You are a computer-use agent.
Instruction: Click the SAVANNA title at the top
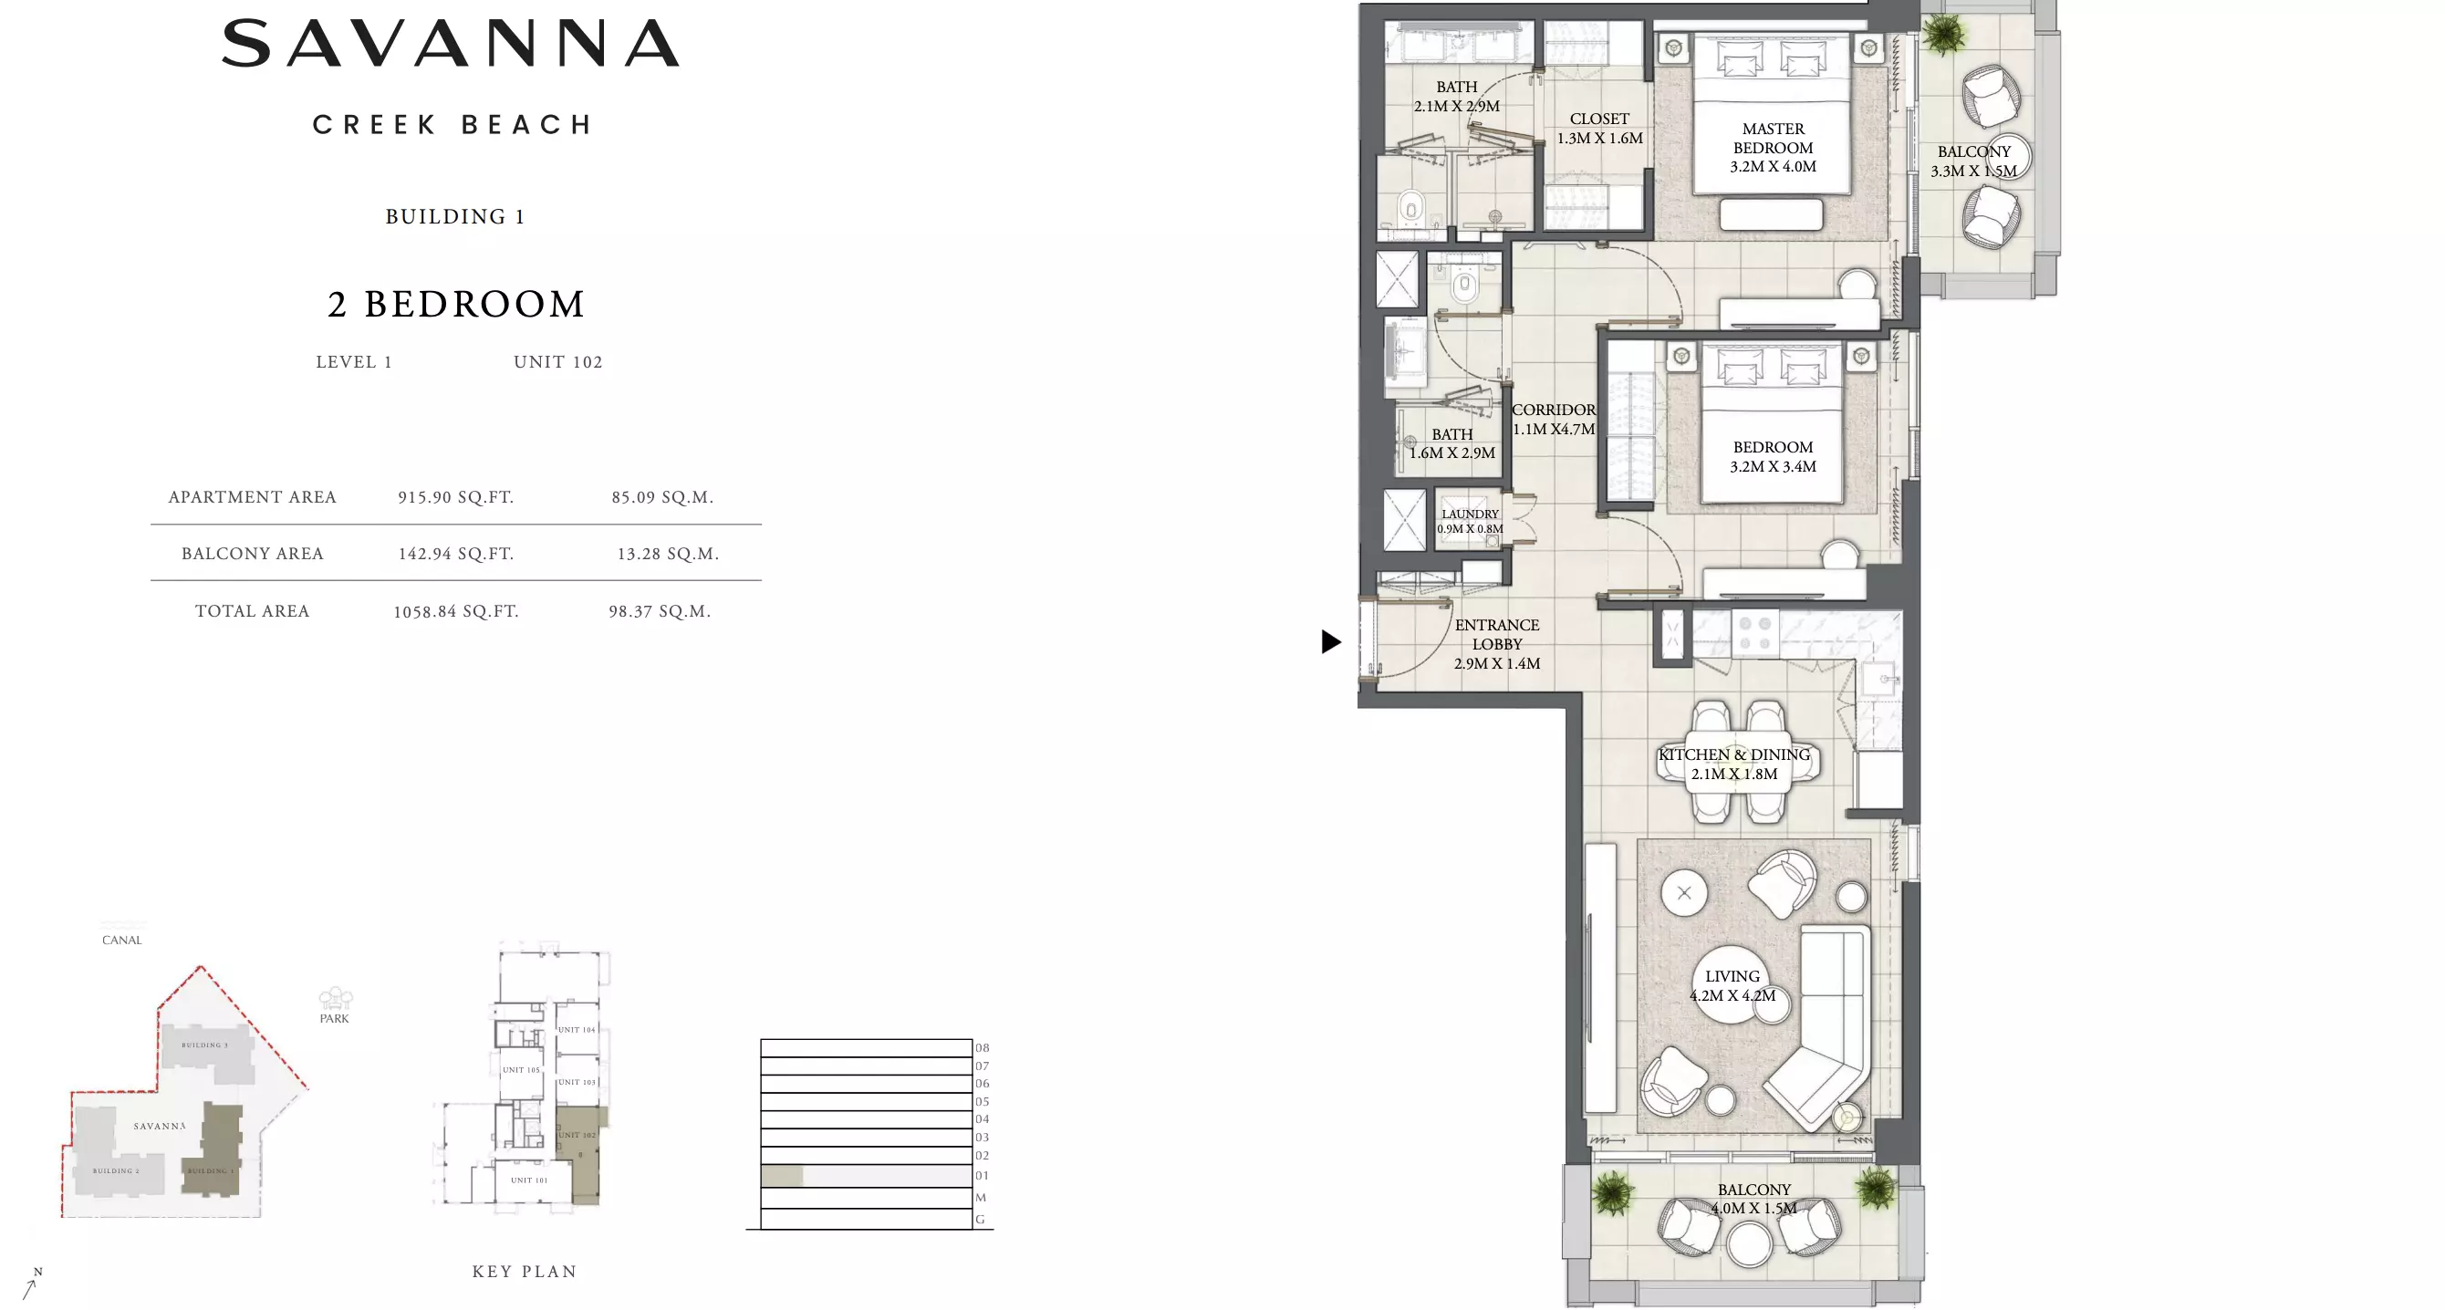coord(451,44)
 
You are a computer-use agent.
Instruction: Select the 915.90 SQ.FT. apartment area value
coord(455,496)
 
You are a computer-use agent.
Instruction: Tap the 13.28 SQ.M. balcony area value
coord(667,554)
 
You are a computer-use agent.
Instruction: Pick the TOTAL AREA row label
coord(253,610)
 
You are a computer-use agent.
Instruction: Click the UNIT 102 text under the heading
coord(558,361)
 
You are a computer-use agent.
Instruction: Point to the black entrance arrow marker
coord(1331,641)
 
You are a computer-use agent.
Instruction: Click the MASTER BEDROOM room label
coord(1772,147)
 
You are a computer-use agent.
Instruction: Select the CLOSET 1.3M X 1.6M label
coord(1599,128)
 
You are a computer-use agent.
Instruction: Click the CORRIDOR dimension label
coord(1554,419)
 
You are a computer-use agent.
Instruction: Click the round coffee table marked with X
coord(1684,892)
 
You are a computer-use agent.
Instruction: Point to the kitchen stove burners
coord(1754,633)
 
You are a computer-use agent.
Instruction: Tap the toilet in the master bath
coord(1411,207)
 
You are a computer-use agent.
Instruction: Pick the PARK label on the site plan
coord(334,1018)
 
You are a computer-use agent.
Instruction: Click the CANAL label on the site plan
coord(121,940)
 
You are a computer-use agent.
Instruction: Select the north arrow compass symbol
coord(31,1284)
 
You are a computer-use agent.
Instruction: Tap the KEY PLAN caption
coord(525,1271)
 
